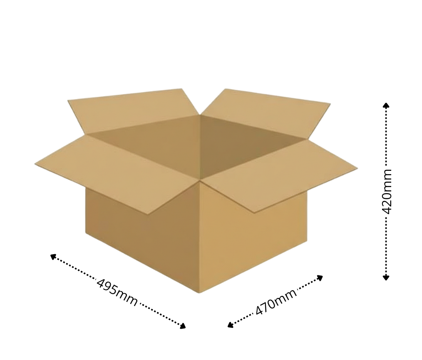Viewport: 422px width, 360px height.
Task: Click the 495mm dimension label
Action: click(x=117, y=292)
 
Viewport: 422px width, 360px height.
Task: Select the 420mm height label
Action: click(x=387, y=191)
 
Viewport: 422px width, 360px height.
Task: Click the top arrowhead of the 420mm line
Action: click(x=386, y=105)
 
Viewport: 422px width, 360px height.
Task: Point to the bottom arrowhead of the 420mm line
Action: click(x=386, y=277)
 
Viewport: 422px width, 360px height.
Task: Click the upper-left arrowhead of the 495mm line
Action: click(x=53, y=257)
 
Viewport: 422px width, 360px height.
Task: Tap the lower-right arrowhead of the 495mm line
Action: click(x=183, y=326)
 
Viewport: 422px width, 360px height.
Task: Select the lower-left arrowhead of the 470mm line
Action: click(x=231, y=325)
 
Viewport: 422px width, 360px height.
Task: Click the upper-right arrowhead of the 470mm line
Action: click(x=320, y=278)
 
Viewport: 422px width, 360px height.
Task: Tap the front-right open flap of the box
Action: click(x=280, y=175)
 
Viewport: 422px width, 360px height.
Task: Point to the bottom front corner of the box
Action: click(x=199, y=293)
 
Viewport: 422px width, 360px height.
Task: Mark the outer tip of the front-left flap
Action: click(x=35, y=164)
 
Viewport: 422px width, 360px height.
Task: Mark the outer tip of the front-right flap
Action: click(x=357, y=168)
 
